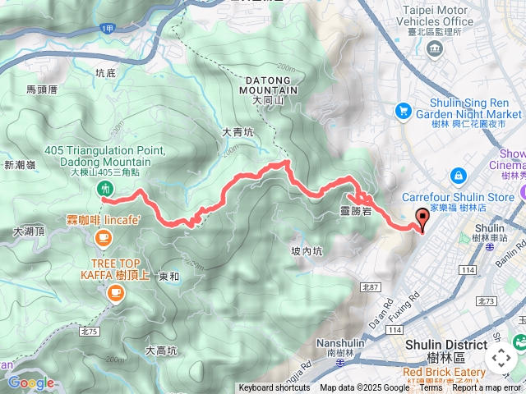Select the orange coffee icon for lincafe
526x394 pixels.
click(103, 238)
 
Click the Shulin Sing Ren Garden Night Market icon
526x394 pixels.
click(403, 110)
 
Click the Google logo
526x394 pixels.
click(30, 383)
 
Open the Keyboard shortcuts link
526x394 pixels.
click(275, 388)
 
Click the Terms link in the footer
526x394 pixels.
click(431, 388)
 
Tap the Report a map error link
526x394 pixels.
click(488, 388)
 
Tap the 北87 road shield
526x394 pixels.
click(369, 287)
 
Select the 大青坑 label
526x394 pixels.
click(238, 131)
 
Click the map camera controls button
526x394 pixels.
click(501, 359)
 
